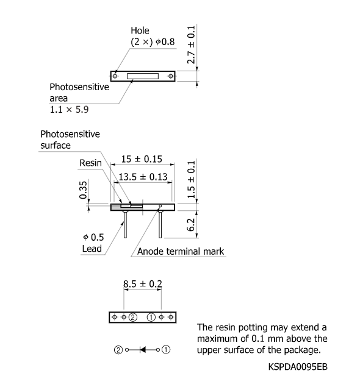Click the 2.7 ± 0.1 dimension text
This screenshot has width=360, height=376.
pyautogui.click(x=191, y=44)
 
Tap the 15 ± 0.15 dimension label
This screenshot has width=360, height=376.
pyautogui.click(x=142, y=159)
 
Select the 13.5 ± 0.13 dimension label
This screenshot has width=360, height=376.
pyautogui.click(x=143, y=177)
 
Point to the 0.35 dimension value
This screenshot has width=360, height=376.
pyautogui.click(x=83, y=190)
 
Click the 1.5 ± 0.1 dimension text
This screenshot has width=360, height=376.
pyautogui.click(x=191, y=180)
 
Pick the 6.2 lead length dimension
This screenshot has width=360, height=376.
pyautogui.click(x=191, y=224)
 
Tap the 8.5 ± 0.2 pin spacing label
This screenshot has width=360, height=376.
pyautogui.click(x=143, y=284)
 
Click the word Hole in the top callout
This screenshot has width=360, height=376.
pyautogui.click(x=140, y=30)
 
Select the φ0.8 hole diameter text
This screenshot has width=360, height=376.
pyautogui.click(x=165, y=41)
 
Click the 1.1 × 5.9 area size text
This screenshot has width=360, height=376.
pyautogui.click(x=69, y=110)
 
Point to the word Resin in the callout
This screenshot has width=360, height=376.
pyautogui.click(x=90, y=163)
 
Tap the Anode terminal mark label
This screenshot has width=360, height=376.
pyautogui.click(x=181, y=252)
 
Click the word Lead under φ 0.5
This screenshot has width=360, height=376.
pyautogui.click(x=92, y=249)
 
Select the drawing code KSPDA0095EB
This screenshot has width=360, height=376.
pyautogui.click(x=298, y=367)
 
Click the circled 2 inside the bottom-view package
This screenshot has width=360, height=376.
pyautogui.click(x=133, y=317)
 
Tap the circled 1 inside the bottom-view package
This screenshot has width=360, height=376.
pyautogui.click(x=151, y=317)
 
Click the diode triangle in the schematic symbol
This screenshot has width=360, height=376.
pyautogui.click(x=143, y=350)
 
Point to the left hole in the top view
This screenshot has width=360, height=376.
pyautogui.click(x=115, y=76)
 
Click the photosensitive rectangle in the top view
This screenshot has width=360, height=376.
pyautogui.click(x=143, y=76)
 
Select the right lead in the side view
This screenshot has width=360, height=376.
pyautogui.click(x=160, y=224)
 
